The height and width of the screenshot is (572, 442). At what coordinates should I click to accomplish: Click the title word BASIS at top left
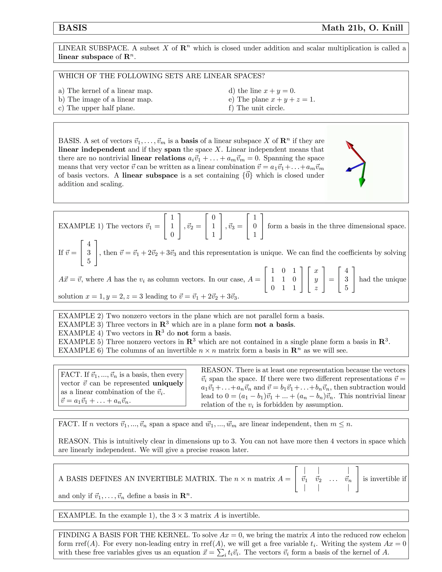73,28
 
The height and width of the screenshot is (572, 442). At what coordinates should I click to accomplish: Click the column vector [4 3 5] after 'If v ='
89,253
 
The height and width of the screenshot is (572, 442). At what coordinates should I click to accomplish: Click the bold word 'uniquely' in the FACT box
168,383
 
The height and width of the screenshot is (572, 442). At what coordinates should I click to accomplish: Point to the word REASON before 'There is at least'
217,370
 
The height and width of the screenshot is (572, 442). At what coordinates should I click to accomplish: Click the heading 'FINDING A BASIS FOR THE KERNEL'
124,535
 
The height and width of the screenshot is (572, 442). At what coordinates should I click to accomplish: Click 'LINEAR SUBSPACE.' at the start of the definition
93,48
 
